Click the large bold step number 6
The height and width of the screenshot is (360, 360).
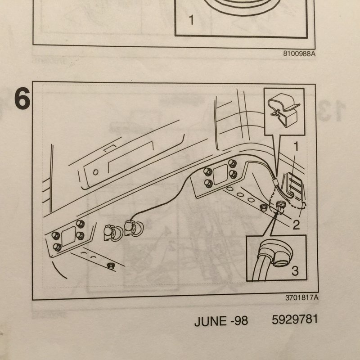pyautogui.click(x=22, y=99)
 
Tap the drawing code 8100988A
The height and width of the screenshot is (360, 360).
pyautogui.click(x=299, y=54)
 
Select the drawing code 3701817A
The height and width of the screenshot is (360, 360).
pyautogui.click(x=301, y=298)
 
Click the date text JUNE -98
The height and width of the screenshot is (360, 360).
pyautogui.click(x=221, y=321)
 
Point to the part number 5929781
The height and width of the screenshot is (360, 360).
pyautogui.click(x=295, y=319)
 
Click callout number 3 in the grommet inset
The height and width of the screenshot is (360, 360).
pyautogui.click(x=295, y=270)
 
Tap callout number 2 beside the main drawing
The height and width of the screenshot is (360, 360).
pyautogui.click(x=296, y=225)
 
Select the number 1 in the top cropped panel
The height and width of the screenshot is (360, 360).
pyautogui.click(x=191, y=20)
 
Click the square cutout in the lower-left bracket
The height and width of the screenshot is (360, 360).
pyautogui.click(x=69, y=235)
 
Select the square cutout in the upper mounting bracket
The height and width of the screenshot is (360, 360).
pyautogui.click(x=220, y=175)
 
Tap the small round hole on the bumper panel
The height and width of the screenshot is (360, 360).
pyautogui.click(x=96, y=172)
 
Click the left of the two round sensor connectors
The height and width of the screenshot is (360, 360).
pyautogui.click(x=112, y=233)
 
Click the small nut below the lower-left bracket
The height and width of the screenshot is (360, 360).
pyautogui.click(x=111, y=266)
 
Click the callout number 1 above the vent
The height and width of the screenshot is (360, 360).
pyautogui.click(x=296, y=146)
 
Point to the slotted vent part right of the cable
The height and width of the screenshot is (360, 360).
pyautogui.click(x=294, y=185)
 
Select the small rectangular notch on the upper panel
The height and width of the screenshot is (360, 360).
pyautogui.click(x=110, y=148)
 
